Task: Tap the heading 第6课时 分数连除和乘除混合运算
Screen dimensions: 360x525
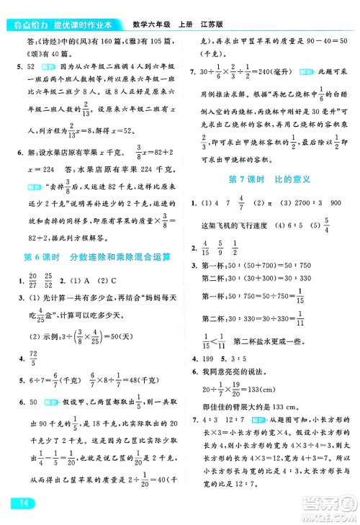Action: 93,257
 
